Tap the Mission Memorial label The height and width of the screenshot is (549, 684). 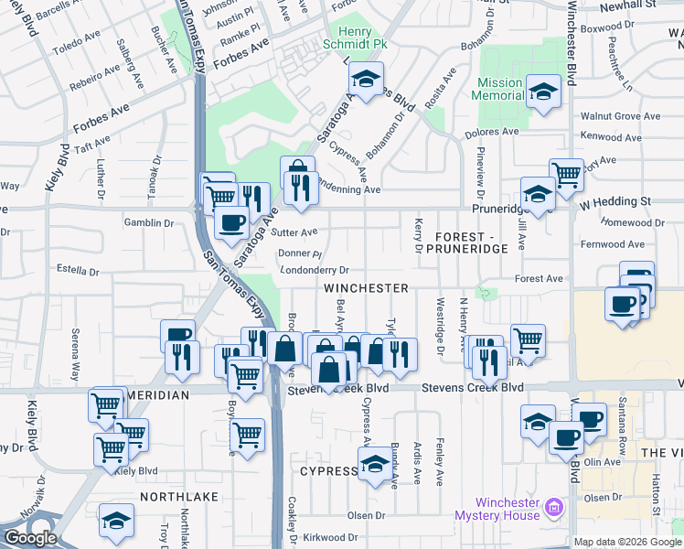pyautogui.click(x=499, y=89)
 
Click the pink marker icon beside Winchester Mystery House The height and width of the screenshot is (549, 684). pyautogui.click(x=552, y=506)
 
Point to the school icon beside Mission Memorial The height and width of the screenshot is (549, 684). pyautogui.click(x=544, y=92)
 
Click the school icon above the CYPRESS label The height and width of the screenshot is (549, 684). pyautogui.click(x=375, y=464)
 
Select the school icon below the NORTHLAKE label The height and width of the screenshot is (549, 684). pyautogui.click(x=115, y=521)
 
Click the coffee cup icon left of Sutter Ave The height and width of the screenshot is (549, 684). pyautogui.click(x=230, y=221)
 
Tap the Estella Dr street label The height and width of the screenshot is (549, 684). pyautogui.click(x=78, y=272)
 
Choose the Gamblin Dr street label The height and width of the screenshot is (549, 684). pyautogui.click(x=149, y=222)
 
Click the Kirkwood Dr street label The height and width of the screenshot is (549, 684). pyautogui.click(x=333, y=537)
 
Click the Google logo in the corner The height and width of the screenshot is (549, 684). pyautogui.click(x=30, y=538)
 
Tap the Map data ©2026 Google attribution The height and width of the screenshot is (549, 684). pyautogui.click(x=627, y=542)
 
